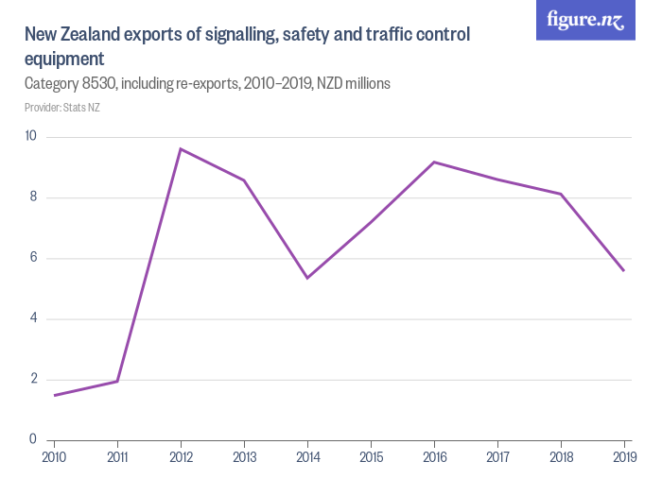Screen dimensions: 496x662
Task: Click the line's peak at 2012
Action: (181, 148)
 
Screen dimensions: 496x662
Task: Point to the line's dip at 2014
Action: (307, 278)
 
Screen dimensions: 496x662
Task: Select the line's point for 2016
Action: (434, 162)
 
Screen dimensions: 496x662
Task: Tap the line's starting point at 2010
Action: (55, 395)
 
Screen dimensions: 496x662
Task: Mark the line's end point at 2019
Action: (624, 271)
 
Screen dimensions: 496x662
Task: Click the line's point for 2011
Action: (117, 381)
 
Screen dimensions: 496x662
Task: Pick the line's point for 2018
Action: (561, 194)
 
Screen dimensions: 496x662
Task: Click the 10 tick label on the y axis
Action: (30, 137)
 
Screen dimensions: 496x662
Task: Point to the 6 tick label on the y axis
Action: (32, 258)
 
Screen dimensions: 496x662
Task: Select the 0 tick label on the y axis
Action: (32, 439)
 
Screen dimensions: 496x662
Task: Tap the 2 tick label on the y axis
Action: (32, 379)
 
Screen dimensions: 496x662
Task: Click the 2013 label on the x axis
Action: (244, 458)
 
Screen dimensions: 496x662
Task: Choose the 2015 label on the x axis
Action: (371, 458)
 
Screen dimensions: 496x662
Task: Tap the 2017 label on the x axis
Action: (497, 458)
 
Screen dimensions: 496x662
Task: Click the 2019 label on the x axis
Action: (623, 458)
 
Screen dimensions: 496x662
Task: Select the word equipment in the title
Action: (63, 59)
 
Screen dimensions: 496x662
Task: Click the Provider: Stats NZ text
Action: (62, 108)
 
